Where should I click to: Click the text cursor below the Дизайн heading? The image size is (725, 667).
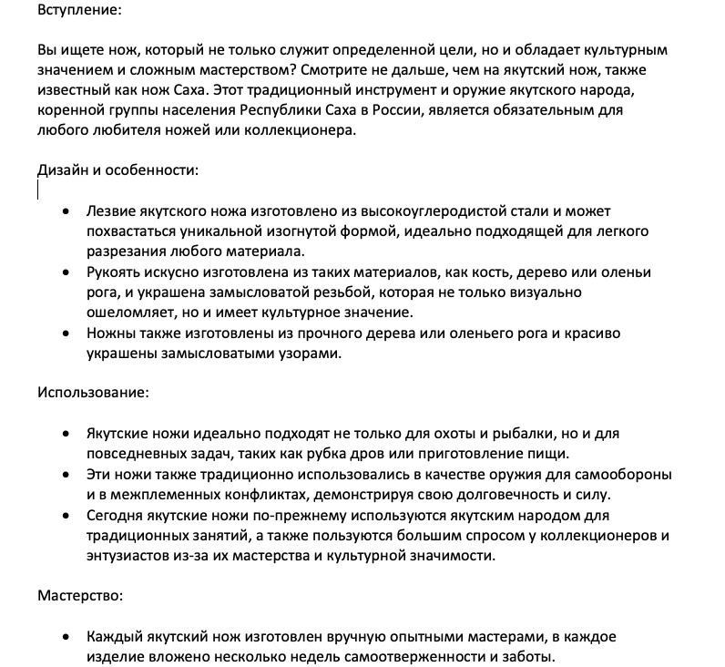[38, 190]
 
